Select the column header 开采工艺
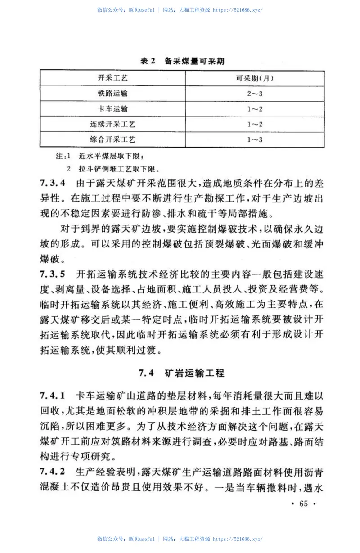click(x=113, y=78)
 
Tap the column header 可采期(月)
click(x=255, y=78)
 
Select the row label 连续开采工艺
click(x=113, y=124)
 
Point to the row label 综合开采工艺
click(x=113, y=139)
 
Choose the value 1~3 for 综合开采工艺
click(x=255, y=139)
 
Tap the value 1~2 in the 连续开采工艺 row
click(x=255, y=124)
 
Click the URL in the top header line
click(x=237, y=9)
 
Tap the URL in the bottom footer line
click(x=237, y=539)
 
